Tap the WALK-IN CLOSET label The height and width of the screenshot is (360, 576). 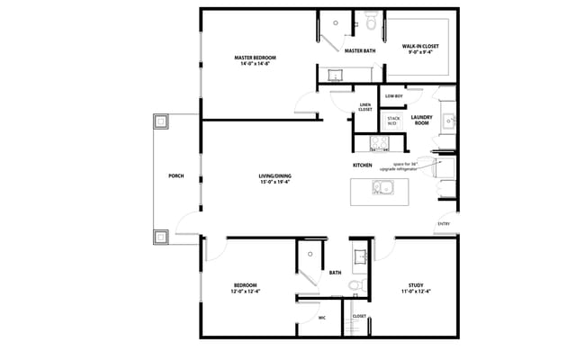click(420, 46)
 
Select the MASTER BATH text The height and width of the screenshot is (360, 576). click(360, 51)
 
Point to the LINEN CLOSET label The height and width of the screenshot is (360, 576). click(365, 107)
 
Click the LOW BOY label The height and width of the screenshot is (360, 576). click(393, 95)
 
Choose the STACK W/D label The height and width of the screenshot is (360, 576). click(393, 119)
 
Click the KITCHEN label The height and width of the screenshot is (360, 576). click(363, 166)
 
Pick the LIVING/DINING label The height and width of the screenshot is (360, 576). click(274, 178)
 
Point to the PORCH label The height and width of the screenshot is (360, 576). click(175, 175)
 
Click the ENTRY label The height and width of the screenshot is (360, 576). click(444, 223)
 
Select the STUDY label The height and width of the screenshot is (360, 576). click(415, 288)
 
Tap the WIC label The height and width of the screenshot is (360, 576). click(321, 319)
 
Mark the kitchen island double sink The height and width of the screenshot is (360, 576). click(384, 188)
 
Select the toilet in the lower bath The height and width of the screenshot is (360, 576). click(355, 286)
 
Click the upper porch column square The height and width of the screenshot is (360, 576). click(161, 121)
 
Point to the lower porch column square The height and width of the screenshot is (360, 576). click(161, 237)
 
